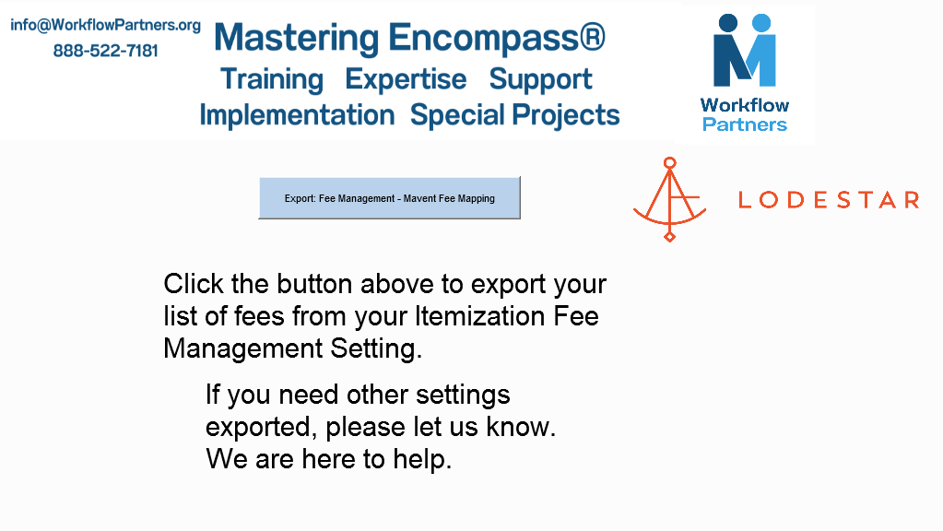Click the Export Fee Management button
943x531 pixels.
point(389,198)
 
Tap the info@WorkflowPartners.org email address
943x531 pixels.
point(105,25)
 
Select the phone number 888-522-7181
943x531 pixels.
point(105,51)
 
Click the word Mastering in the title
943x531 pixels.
point(297,38)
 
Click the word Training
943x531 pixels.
point(272,80)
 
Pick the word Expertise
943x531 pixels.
point(406,80)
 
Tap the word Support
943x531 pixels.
point(540,80)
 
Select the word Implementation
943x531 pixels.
point(297,115)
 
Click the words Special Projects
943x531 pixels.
point(514,115)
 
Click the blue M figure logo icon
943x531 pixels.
point(745,51)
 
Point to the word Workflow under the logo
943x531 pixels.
point(745,105)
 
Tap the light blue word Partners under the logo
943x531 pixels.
point(745,124)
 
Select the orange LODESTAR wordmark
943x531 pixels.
point(829,200)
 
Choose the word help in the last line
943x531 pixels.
point(422,460)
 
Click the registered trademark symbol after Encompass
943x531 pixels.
point(593,37)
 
